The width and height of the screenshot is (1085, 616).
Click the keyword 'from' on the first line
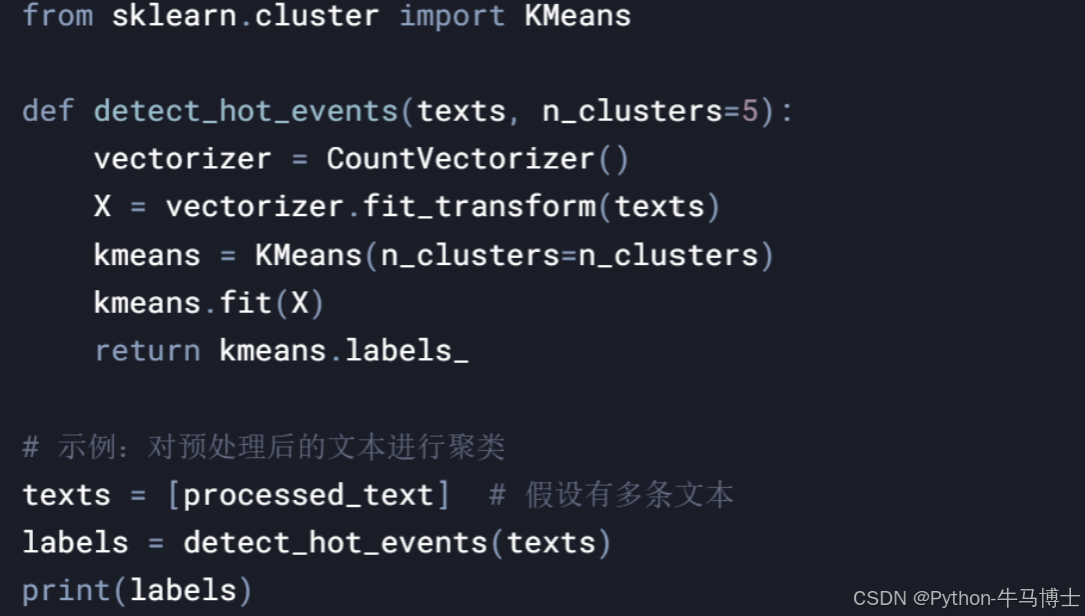[x=57, y=16]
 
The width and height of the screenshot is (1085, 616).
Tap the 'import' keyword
[x=452, y=16]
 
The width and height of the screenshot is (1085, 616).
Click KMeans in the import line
[x=577, y=16]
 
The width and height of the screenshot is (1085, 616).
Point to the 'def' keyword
[x=48, y=110]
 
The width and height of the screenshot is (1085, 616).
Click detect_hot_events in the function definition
[x=247, y=110]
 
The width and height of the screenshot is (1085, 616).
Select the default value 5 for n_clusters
[x=750, y=110]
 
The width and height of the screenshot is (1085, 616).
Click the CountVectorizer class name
[x=461, y=158]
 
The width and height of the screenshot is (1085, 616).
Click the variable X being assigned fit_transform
[x=103, y=206]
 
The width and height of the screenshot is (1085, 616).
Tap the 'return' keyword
[x=147, y=350]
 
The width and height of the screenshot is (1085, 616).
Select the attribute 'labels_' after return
[x=407, y=350]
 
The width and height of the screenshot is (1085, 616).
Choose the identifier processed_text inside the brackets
[x=309, y=494]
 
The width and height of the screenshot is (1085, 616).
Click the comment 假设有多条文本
[x=629, y=494]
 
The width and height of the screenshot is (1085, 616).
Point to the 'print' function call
[x=66, y=590]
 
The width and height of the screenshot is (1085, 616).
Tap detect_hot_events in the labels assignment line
[x=336, y=542]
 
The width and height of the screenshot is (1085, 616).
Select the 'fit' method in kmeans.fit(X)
[x=246, y=302]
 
